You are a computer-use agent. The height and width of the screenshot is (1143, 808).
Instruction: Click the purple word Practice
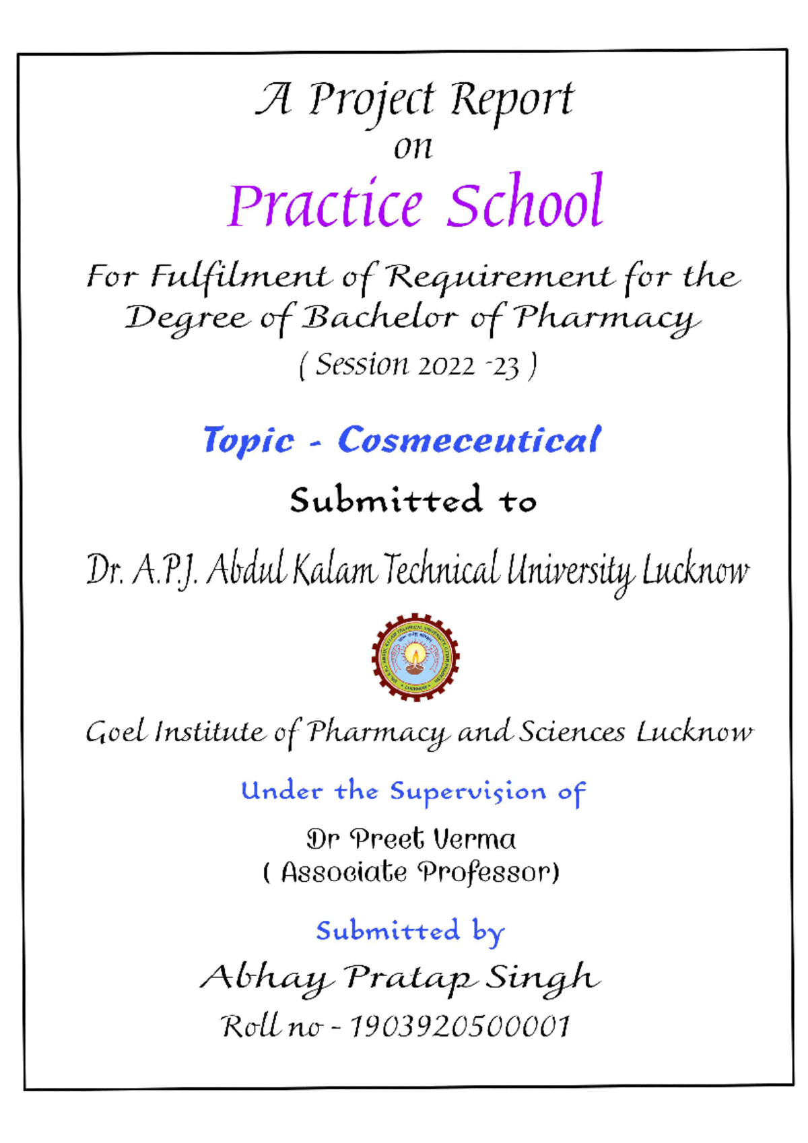pyautogui.click(x=326, y=204)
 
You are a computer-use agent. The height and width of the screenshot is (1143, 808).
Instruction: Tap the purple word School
pyautogui.click(x=526, y=201)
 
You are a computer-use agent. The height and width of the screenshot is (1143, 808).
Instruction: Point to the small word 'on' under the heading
pyautogui.click(x=413, y=148)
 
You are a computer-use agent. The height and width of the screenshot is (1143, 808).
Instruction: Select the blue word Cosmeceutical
pyautogui.click(x=469, y=440)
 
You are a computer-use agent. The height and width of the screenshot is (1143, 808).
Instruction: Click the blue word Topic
pyautogui.click(x=248, y=441)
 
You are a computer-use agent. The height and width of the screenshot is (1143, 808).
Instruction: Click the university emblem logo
pyautogui.click(x=415, y=657)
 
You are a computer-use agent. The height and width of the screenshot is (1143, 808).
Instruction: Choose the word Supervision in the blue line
pyautogui.click(x=468, y=791)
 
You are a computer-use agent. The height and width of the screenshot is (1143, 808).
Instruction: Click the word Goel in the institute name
pyautogui.click(x=115, y=732)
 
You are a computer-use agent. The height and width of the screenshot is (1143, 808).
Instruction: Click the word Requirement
pyautogui.click(x=500, y=276)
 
